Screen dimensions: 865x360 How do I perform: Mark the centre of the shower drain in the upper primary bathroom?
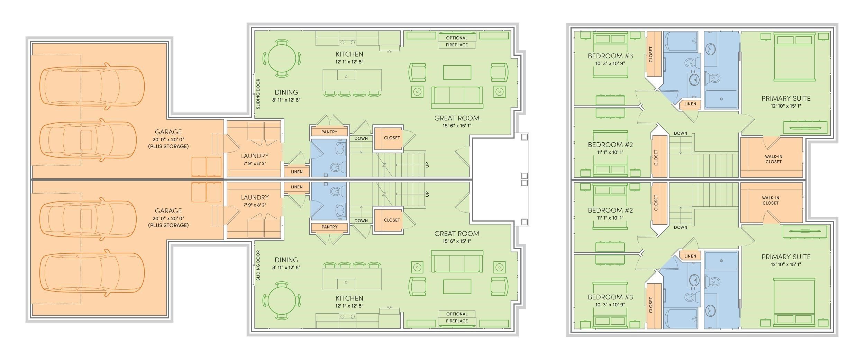click(721, 99)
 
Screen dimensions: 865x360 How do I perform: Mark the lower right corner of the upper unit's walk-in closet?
click(803, 178)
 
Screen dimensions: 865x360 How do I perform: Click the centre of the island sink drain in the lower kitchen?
click(346, 282)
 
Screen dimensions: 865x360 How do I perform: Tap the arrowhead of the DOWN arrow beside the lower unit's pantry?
click(361, 207)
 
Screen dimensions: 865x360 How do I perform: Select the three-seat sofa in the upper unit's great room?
click(457, 98)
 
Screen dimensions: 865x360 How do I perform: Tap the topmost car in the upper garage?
click(92, 85)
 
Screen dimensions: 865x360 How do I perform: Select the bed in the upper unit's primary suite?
click(794, 57)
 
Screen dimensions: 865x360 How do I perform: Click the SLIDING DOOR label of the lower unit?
click(258, 265)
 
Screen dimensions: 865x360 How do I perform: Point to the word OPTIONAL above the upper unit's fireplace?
click(457, 38)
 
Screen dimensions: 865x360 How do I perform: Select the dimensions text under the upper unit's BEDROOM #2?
click(610, 152)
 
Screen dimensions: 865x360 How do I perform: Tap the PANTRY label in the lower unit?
click(329, 227)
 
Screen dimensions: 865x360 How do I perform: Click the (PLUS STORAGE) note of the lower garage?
click(168, 225)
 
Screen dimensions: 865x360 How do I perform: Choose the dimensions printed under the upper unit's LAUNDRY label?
click(255, 163)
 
